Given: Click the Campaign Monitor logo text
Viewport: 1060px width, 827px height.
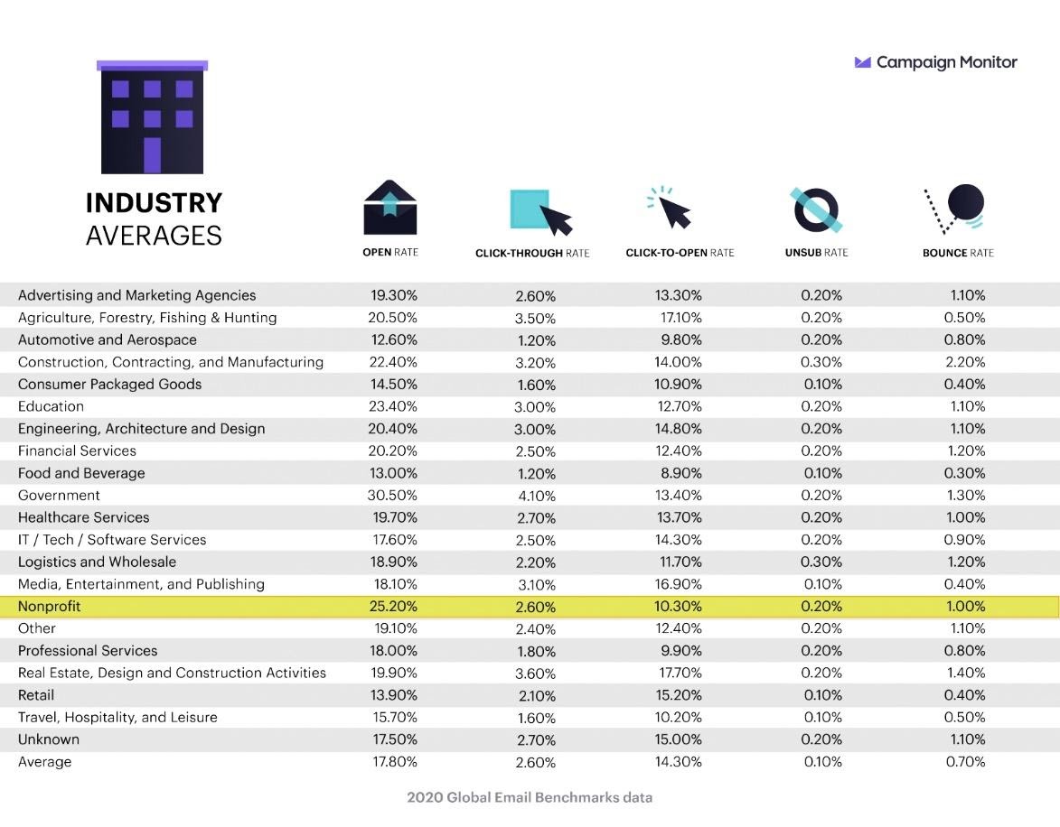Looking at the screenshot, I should click(x=946, y=62).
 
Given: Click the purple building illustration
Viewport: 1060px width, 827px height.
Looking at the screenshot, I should click(x=152, y=117).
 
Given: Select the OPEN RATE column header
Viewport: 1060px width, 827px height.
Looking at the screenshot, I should click(x=390, y=253).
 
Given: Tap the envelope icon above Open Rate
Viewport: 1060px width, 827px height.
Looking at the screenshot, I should click(x=390, y=207).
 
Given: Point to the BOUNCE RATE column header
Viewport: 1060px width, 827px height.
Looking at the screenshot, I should click(x=958, y=253).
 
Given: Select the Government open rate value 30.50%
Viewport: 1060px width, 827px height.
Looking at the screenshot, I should click(x=393, y=495).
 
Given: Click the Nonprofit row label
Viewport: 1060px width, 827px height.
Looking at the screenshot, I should click(x=50, y=606).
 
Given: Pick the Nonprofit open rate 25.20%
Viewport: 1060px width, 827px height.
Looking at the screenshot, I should click(x=393, y=606).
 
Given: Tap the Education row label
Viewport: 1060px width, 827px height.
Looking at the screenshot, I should click(x=51, y=406).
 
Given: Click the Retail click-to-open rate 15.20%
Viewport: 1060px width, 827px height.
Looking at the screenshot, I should click(x=678, y=694).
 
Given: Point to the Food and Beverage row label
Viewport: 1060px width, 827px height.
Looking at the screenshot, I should click(x=81, y=473).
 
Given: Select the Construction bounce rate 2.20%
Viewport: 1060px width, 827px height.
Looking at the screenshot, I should click(x=965, y=362).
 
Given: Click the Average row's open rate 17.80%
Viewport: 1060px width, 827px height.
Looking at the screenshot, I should click(x=393, y=761).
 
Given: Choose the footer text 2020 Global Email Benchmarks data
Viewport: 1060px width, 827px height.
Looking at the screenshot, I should click(x=530, y=797).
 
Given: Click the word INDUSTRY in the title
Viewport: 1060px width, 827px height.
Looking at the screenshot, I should click(x=154, y=203).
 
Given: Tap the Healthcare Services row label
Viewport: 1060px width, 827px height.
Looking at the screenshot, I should click(x=84, y=517).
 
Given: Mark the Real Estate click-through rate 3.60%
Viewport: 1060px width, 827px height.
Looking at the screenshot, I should click(x=535, y=674).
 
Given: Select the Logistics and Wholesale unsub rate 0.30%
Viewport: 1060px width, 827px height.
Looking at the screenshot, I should click(x=821, y=562).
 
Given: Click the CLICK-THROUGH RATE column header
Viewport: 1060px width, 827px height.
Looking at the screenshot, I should click(x=532, y=254).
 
